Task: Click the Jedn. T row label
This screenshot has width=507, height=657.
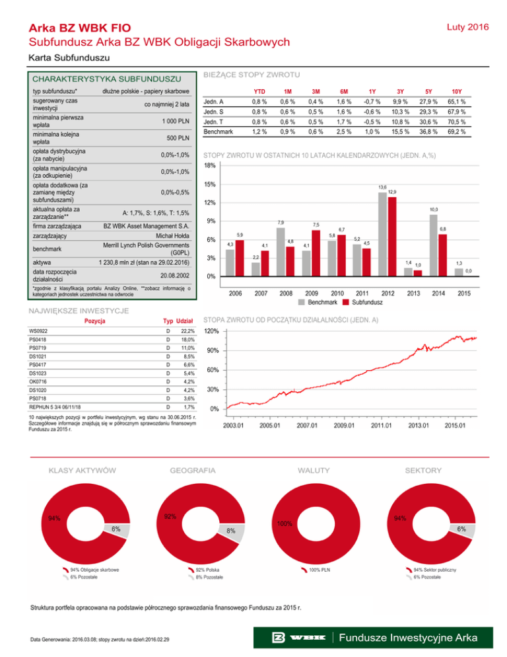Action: click(213, 122)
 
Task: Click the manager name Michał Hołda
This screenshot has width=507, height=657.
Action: click(172, 235)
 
